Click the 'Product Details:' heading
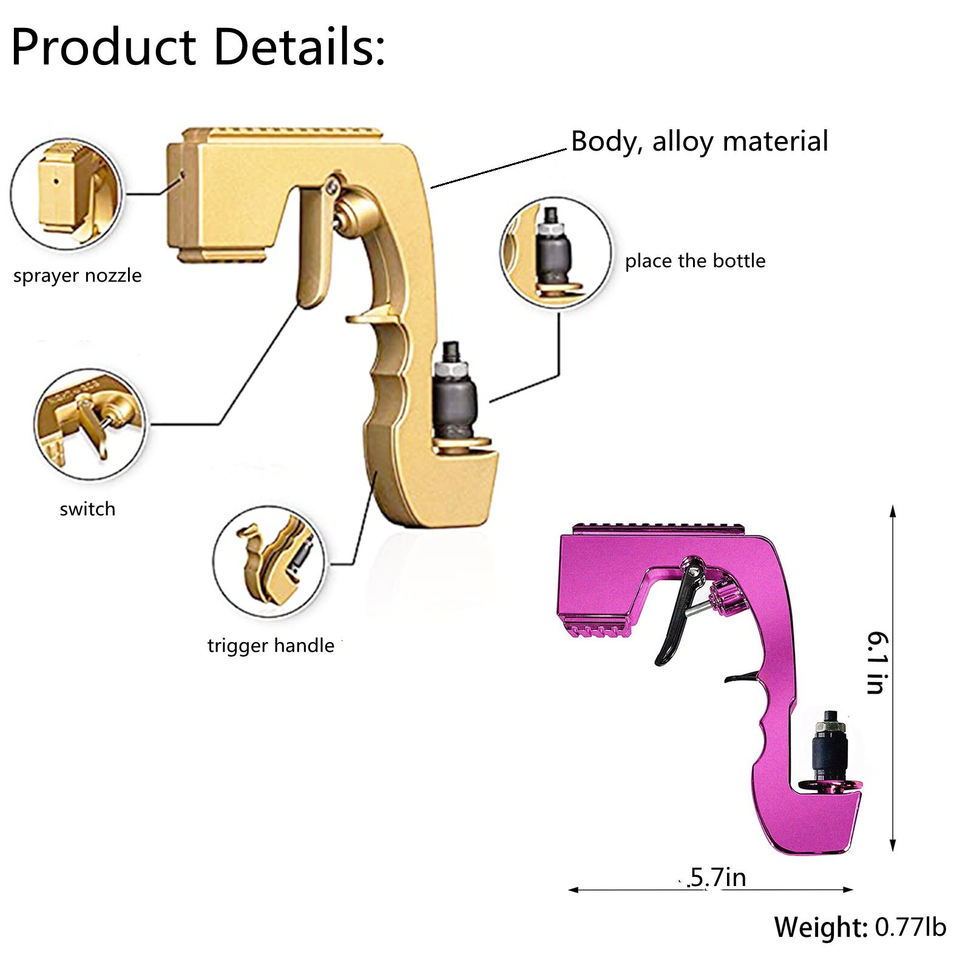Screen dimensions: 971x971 [198, 47]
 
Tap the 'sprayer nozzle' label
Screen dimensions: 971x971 [77, 276]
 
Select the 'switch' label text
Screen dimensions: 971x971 [87, 509]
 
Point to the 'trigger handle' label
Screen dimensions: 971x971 [271, 645]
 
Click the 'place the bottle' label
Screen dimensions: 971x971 [695, 261]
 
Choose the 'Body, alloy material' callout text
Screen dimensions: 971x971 [699, 141]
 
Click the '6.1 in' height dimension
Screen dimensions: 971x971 [878, 662]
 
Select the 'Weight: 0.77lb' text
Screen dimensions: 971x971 [860, 927]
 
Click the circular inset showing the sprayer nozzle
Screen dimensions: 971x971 [67, 194]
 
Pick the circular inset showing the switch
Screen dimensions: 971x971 [90, 425]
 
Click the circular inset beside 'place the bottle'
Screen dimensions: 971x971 [555, 252]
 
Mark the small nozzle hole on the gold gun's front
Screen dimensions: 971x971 [182, 175]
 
